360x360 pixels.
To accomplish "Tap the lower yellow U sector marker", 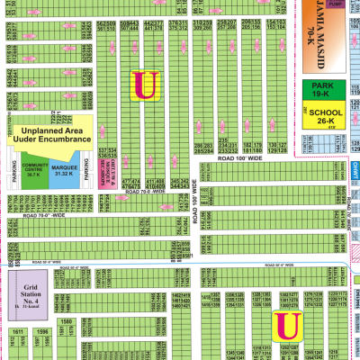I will (x=288, y=325).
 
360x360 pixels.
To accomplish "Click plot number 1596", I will (x=41, y=331).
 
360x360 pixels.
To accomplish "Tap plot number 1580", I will (x=65, y=320).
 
